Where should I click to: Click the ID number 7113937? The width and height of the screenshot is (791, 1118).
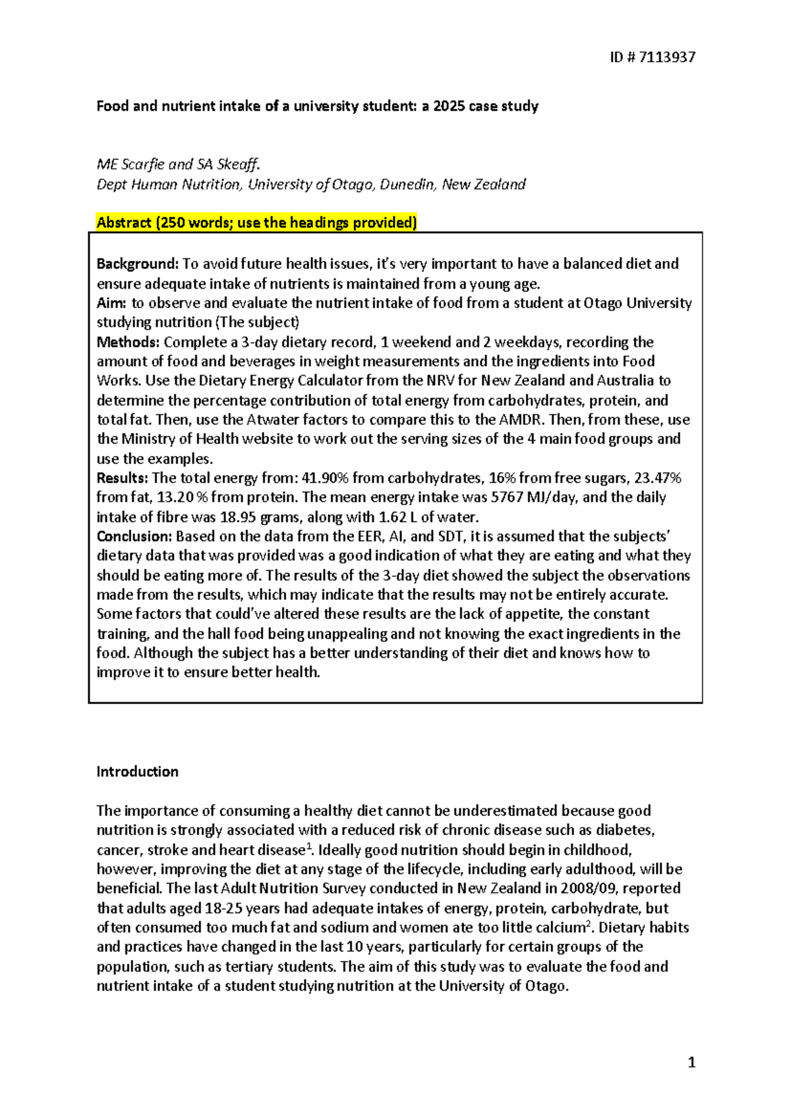coord(667,57)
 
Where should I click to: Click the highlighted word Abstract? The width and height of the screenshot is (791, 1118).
coord(124,223)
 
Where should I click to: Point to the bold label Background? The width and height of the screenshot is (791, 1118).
coord(137,264)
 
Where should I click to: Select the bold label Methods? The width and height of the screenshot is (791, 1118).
coord(128,342)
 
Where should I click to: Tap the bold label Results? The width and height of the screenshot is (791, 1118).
coord(122,478)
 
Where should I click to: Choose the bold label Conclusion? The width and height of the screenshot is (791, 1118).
coord(134,536)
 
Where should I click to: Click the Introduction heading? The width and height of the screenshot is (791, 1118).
coord(137,771)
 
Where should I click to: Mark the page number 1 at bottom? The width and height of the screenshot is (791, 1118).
coord(691,1062)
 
